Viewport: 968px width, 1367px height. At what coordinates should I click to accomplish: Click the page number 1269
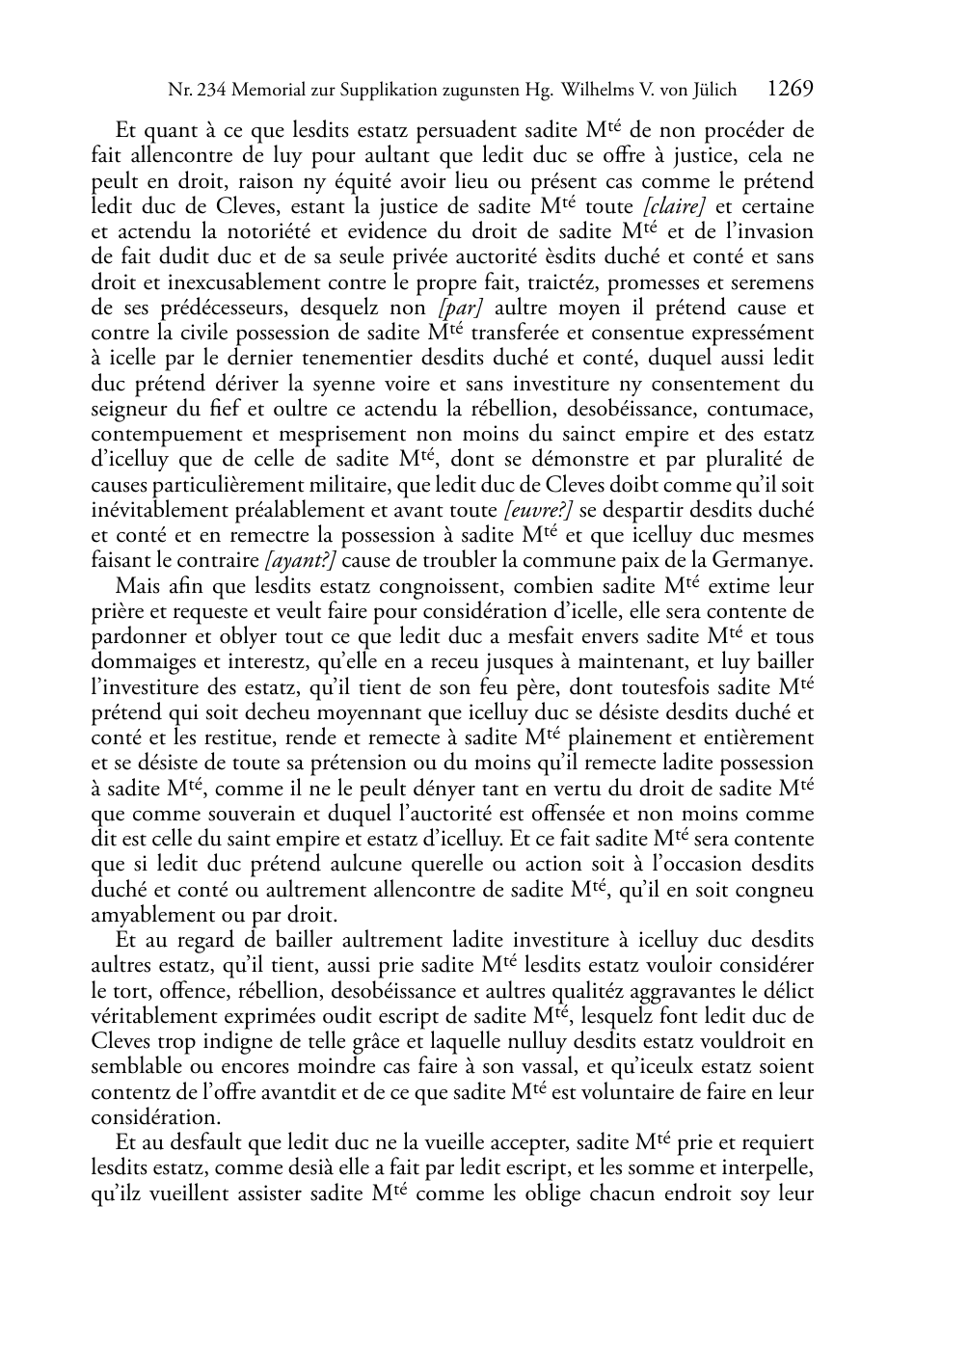click(x=791, y=90)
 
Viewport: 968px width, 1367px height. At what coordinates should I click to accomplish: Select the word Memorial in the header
click(x=270, y=91)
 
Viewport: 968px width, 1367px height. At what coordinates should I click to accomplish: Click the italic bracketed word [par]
click(x=460, y=308)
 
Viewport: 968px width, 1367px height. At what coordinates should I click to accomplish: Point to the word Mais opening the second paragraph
click(x=137, y=586)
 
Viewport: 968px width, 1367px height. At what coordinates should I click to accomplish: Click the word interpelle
click(x=765, y=1168)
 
